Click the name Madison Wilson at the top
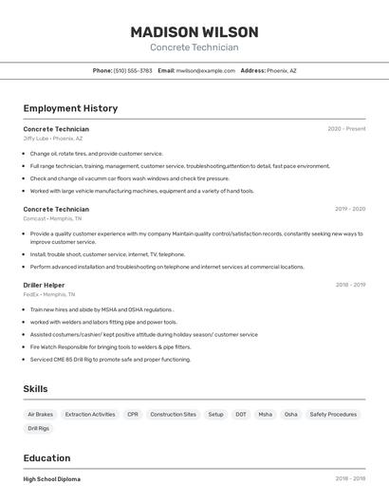click(x=194, y=31)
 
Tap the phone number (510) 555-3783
click(x=132, y=70)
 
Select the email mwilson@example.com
click(x=204, y=70)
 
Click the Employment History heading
click(x=70, y=108)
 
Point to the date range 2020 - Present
click(x=346, y=129)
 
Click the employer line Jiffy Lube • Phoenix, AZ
click(x=53, y=139)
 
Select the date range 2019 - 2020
click(x=350, y=209)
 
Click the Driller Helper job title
click(x=44, y=285)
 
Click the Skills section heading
click(x=35, y=389)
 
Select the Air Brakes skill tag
click(x=41, y=415)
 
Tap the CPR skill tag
click(x=133, y=415)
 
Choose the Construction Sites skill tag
click(x=173, y=415)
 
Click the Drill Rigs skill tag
click(x=39, y=429)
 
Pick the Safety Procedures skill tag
click(x=333, y=415)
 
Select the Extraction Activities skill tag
click(x=90, y=415)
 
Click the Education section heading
click(x=46, y=458)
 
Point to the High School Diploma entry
click(x=52, y=479)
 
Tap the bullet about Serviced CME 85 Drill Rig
click(x=110, y=360)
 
